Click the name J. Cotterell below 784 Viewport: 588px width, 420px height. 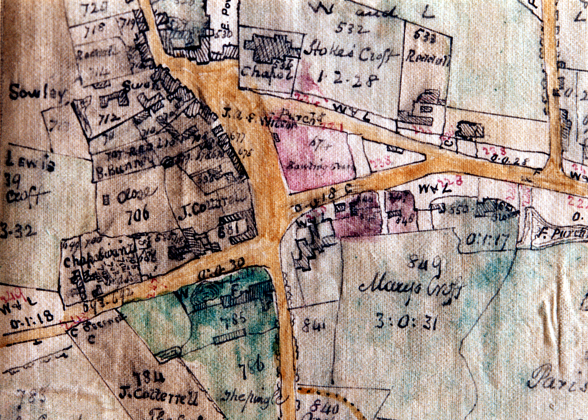tap(158, 395)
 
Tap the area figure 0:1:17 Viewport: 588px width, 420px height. tap(487, 240)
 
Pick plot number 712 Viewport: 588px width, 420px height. tap(108, 119)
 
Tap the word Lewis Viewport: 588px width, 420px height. tap(30, 161)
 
